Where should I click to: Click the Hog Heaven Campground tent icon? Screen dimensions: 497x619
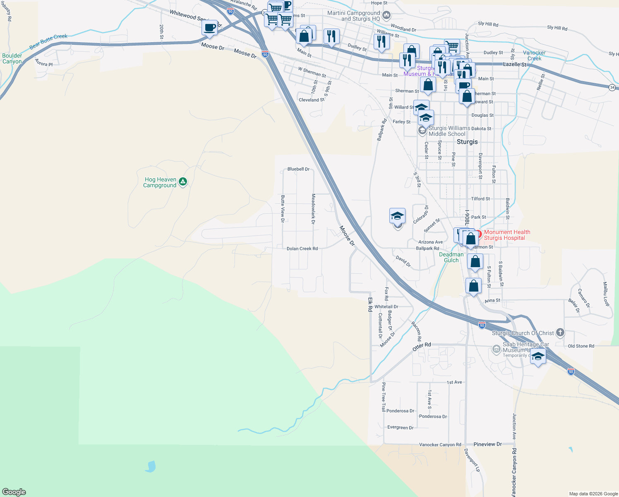183,181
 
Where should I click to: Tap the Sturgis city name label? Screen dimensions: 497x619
467,142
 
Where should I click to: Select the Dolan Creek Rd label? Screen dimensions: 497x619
302,248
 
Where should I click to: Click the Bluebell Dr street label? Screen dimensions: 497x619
298,169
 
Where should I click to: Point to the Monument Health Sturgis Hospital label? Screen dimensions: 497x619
507,235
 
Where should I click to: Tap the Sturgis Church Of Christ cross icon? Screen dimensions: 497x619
560,332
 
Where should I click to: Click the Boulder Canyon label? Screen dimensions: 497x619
12,58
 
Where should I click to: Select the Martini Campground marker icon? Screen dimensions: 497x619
386,16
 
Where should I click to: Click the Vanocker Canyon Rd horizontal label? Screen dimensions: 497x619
440,444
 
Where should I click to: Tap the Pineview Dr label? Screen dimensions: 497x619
487,444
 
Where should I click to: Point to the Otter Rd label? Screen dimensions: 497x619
422,347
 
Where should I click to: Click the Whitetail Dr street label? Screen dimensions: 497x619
386,306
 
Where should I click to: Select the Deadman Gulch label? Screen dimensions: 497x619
451,257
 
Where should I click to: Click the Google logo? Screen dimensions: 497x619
14,492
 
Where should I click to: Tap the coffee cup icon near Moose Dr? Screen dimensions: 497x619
210,28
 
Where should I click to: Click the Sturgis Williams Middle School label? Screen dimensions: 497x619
449,131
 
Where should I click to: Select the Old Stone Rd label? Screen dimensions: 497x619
581,346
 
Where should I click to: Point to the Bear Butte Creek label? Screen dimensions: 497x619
48,41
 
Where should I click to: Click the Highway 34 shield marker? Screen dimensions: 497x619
612,87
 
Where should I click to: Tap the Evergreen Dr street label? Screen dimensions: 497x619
400,427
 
